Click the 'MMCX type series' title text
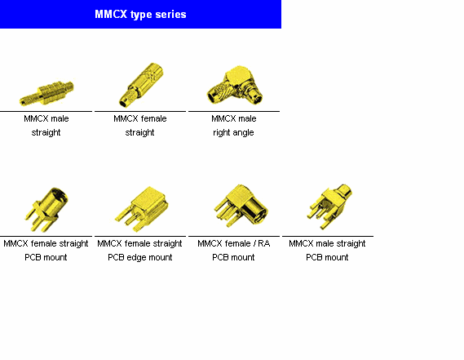pyautogui.click(x=140, y=15)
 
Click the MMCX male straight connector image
pyautogui.click(x=46, y=93)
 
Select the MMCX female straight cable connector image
pyautogui.click(x=141, y=85)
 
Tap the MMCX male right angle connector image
pyautogui.click(x=234, y=85)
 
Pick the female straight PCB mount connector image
pyautogui.click(x=46, y=209)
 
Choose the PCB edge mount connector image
pyautogui.click(x=142, y=209)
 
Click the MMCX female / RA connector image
pyautogui.click(x=241, y=206)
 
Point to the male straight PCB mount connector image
pyautogui.click(x=329, y=207)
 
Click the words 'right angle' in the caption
pyautogui.click(x=233, y=132)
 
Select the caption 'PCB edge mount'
pyautogui.click(x=140, y=257)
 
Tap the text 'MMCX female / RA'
pyautogui.click(x=234, y=243)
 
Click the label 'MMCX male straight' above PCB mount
pyautogui.click(x=327, y=243)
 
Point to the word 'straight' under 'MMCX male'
pyautogui.click(x=46, y=132)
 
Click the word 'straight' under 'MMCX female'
pyautogui.click(x=139, y=132)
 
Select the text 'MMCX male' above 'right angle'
pyautogui.click(x=234, y=118)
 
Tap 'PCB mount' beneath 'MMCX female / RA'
pyautogui.click(x=233, y=257)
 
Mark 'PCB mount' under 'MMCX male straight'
pyautogui.click(x=327, y=257)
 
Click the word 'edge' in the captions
pyautogui.click(x=135, y=258)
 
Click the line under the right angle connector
pyautogui.click(x=234, y=111)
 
